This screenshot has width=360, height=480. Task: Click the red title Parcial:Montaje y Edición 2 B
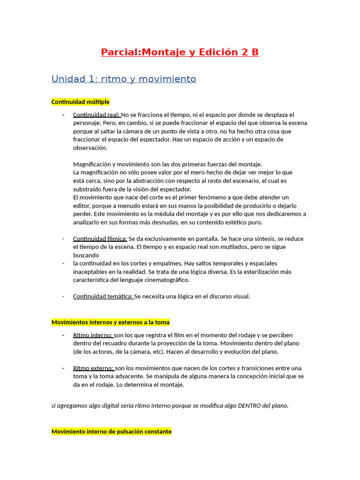180,52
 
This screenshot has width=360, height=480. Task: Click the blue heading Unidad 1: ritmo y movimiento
123,79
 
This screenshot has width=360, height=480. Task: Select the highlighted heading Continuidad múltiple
80,102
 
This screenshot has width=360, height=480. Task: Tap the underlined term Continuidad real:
97,115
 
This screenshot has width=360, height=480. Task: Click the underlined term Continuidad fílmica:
100,239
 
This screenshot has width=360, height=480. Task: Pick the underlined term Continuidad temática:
103,296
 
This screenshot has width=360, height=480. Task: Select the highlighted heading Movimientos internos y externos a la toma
110,322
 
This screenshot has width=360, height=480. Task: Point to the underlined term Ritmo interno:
93,335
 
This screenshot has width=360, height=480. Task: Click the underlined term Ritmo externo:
94,368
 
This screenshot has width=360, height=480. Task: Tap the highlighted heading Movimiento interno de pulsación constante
111,431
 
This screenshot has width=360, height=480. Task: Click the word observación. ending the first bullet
90,148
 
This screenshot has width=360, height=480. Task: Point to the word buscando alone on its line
86,255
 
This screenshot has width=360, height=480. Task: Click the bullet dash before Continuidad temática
63,296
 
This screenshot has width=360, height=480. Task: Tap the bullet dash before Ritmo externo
63,368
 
